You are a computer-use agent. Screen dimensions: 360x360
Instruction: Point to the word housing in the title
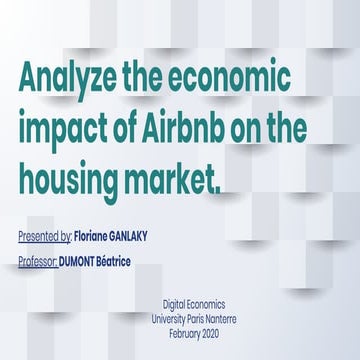71,179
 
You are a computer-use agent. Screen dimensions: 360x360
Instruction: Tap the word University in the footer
195,317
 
